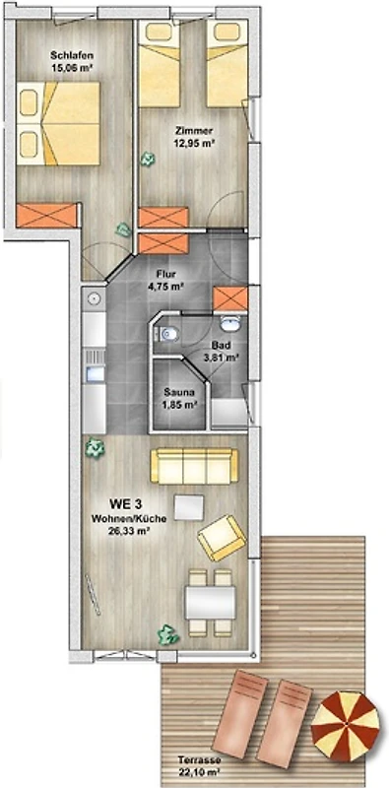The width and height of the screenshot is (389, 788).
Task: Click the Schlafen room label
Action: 70,55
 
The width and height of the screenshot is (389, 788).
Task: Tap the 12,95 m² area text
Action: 196,143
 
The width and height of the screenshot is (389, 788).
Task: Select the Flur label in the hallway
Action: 165,275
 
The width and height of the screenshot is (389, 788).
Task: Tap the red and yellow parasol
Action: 346,726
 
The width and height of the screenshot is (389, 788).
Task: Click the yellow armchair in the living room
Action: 223,538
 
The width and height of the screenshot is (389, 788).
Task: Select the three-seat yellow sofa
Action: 195,466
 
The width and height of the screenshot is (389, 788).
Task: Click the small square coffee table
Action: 189,507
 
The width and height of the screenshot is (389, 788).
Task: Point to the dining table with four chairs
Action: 210,603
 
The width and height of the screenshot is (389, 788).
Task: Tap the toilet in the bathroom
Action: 166,333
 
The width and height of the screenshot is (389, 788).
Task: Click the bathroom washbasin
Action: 230,324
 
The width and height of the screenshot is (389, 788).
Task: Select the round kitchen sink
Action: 94,299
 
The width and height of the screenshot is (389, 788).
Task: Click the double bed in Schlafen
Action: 58,123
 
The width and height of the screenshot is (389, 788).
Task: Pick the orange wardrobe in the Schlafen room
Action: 46,216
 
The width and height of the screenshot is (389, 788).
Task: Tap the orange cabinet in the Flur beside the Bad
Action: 230,299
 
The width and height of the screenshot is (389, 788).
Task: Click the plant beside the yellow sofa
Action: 94,447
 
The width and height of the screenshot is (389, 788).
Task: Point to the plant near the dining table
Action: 168,634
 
